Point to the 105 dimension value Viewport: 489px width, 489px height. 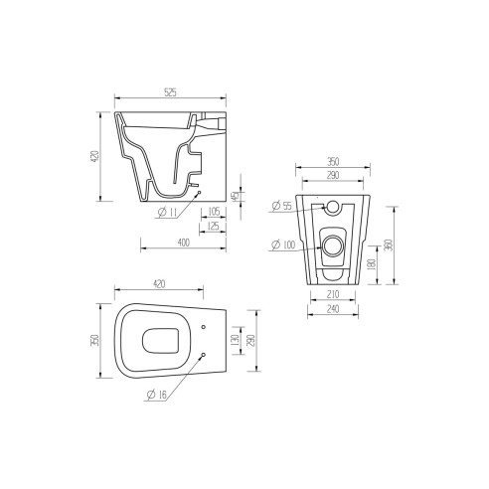point(215,211)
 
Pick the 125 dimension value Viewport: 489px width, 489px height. point(214,227)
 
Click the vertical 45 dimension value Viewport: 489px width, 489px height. point(234,196)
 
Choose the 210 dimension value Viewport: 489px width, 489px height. point(333,294)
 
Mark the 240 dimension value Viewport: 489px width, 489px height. point(333,309)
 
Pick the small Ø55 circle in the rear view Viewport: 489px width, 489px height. point(333,208)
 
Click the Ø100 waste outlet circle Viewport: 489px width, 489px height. point(333,244)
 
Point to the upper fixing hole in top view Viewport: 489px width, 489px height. point(204,328)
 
